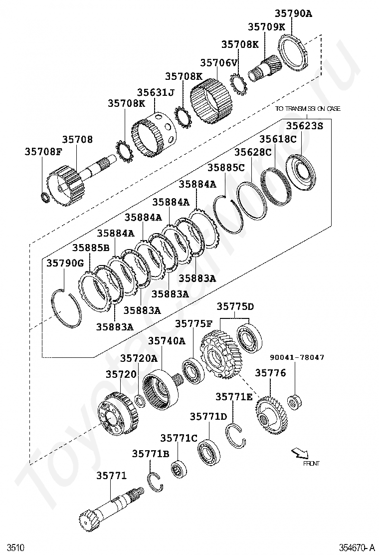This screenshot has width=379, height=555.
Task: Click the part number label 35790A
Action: coord(293,14)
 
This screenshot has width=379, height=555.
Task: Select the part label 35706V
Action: coord(218,63)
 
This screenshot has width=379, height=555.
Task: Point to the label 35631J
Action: coord(156,92)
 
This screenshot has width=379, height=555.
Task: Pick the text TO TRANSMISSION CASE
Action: coord(308,108)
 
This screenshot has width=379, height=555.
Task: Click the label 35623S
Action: coord(304,126)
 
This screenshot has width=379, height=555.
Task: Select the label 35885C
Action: coord(226,168)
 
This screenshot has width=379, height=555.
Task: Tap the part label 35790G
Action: coord(65,263)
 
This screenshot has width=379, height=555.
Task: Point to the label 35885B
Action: coord(90,248)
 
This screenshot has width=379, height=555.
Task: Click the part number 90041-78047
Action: coord(297,357)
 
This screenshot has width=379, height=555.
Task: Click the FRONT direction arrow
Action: coord(300,453)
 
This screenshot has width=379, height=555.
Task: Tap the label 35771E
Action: coord(234,397)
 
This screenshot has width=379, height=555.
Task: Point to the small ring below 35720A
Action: coord(140,401)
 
